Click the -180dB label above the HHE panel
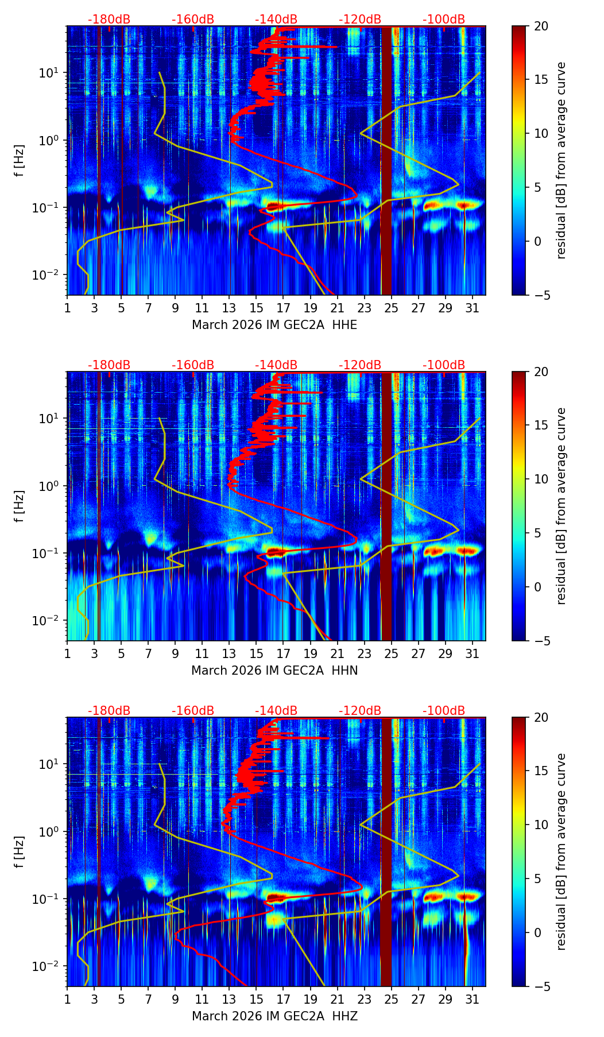109,20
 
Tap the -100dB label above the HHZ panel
444,711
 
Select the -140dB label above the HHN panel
276,365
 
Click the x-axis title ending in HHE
274,325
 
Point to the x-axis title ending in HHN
274,671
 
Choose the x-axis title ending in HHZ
274,1016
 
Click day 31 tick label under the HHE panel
473,308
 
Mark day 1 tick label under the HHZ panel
67,999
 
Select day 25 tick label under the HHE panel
392,308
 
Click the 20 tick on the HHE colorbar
541,26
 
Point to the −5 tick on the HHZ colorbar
541,986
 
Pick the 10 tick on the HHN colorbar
541,479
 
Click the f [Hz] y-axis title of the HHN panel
20,506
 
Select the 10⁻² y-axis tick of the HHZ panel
48,966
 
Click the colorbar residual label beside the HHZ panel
562,852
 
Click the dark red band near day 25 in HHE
386,161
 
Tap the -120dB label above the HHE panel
360,20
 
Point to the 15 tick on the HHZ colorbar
541,771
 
